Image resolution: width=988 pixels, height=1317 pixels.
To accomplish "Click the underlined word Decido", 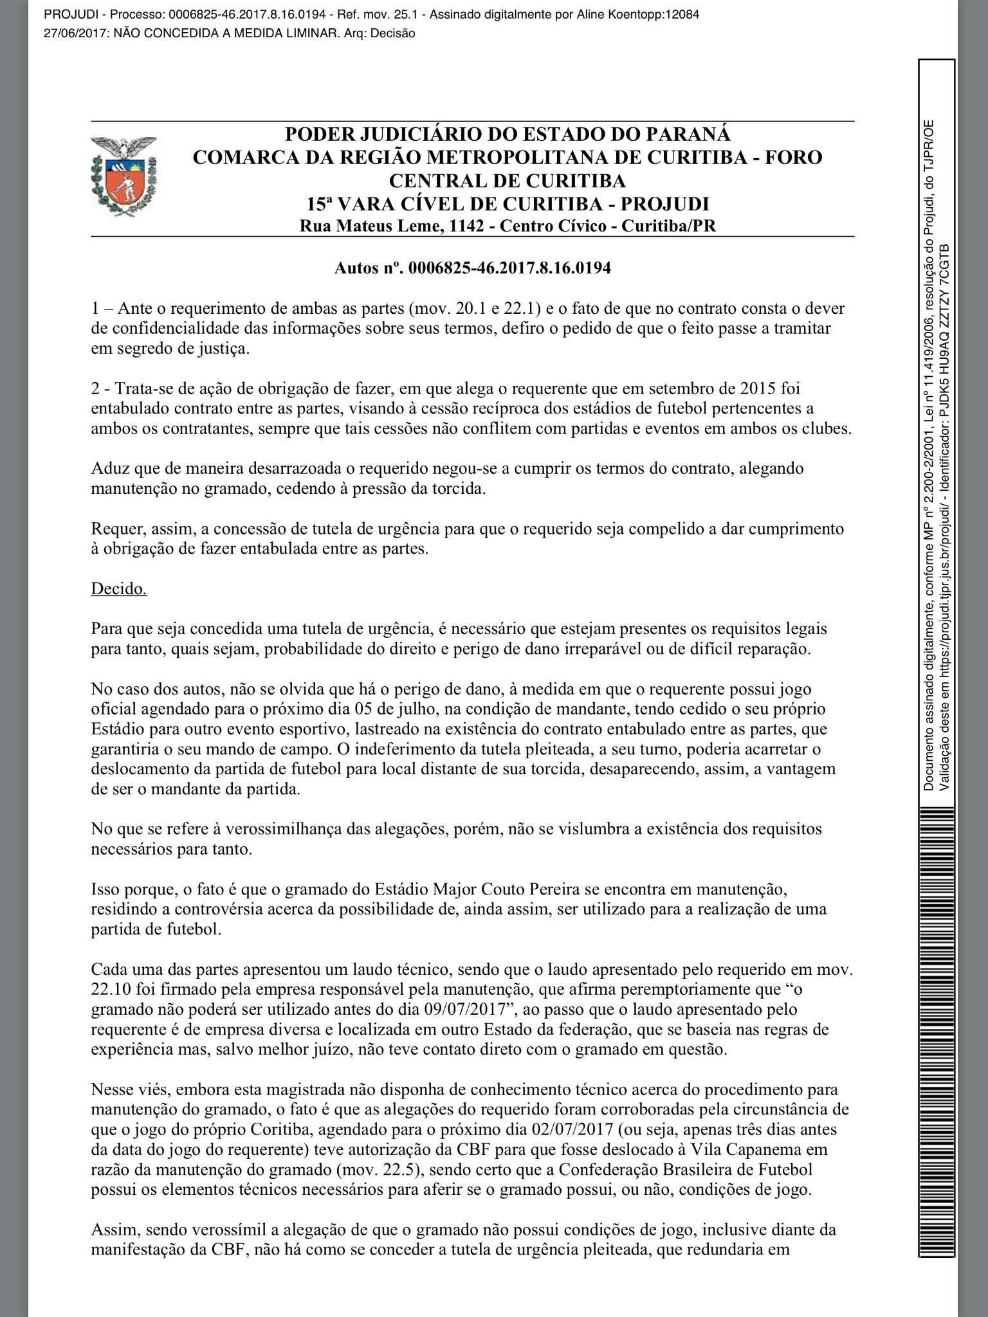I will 119,588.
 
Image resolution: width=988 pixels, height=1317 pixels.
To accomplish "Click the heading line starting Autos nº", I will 472,268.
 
